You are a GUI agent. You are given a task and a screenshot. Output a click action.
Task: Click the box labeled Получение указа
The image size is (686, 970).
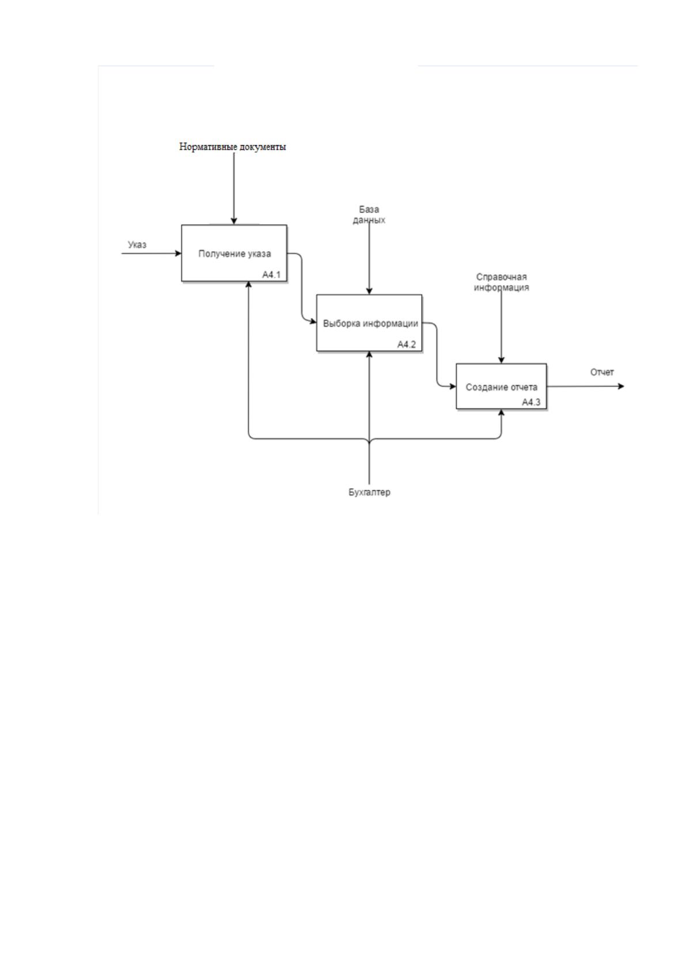click(x=234, y=253)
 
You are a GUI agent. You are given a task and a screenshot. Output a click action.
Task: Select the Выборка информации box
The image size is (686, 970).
click(x=369, y=323)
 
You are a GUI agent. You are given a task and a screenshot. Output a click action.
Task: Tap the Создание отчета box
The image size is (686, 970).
click(x=501, y=387)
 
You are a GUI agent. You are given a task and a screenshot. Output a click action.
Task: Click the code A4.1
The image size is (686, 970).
click(x=271, y=275)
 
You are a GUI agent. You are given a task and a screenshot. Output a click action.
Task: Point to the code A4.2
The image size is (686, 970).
click(x=407, y=344)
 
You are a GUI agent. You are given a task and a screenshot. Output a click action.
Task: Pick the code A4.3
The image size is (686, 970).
click(x=531, y=402)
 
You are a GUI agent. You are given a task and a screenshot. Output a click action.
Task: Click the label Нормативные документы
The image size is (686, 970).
click(x=233, y=147)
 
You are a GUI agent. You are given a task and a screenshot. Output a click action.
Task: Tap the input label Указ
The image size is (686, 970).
click(x=137, y=245)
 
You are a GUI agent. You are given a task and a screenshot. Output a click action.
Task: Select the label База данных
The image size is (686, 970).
click(x=369, y=215)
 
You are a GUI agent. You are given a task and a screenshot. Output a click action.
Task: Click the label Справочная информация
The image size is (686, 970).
click(x=501, y=282)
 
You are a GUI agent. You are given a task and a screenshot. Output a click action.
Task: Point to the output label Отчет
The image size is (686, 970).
click(x=602, y=372)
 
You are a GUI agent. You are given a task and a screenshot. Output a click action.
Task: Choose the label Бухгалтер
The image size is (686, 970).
click(x=369, y=492)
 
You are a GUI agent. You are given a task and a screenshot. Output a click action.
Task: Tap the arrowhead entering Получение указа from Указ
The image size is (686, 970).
click(x=178, y=253)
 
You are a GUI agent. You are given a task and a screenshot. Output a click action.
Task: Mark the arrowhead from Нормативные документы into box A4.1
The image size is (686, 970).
click(x=234, y=221)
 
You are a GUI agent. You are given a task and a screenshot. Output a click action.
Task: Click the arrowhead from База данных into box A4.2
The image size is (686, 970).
click(x=369, y=291)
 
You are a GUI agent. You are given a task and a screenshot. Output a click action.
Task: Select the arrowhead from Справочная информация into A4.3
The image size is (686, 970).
click(x=501, y=360)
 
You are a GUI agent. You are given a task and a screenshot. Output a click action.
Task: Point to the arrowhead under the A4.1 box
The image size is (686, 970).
click(x=248, y=285)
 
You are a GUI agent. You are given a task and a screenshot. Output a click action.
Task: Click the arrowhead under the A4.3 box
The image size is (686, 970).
click(x=501, y=412)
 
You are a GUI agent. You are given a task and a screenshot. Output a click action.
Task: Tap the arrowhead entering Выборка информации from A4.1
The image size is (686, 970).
click(x=313, y=322)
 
